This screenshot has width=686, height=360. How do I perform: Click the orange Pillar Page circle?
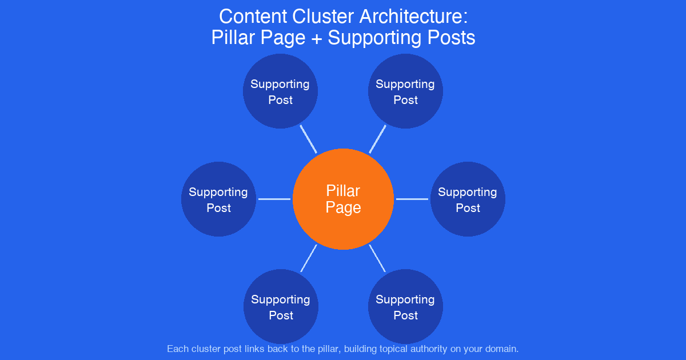pyautogui.click(x=343, y=199)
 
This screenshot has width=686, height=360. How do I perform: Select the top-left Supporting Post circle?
pyautogui.click(x=280, y=91)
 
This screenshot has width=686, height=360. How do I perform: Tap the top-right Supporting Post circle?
pyautogui.click(x=405, y=91)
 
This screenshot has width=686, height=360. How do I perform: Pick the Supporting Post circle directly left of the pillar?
pyautogui.click(x=218, y=199)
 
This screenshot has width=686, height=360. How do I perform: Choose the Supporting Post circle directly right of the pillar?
pyautogui.click(x=468, y=199)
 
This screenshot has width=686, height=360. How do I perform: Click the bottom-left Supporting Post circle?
pyautogui.click(x=281, y=307)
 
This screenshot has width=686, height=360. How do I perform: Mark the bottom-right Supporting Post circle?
pyautogui.click(x=405, y=307)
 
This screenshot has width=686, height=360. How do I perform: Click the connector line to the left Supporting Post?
pyautogui.click(x=274, y=199)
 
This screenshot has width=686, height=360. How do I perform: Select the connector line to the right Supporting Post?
pyautogui.click(x=412, y=199)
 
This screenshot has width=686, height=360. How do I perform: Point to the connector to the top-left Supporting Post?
pyautogui.click(x=309, y=139)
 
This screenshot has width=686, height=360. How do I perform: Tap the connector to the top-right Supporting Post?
pyautogui.click(x=377, y=139)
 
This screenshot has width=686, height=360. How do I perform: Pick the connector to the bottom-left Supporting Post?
pyautogui.click(x=309, y=258)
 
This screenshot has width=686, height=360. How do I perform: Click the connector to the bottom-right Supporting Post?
pyautogui.click(x=377, y=258)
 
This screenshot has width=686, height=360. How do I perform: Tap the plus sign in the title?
pyautogui.click(x=315, y=38)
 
